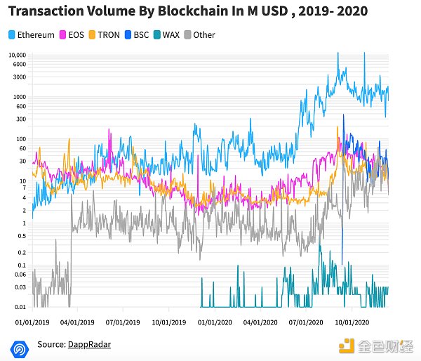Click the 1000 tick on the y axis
[19, 96]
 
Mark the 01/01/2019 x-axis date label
[33, 322]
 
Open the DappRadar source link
[90, 344]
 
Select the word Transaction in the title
[46, 12]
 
